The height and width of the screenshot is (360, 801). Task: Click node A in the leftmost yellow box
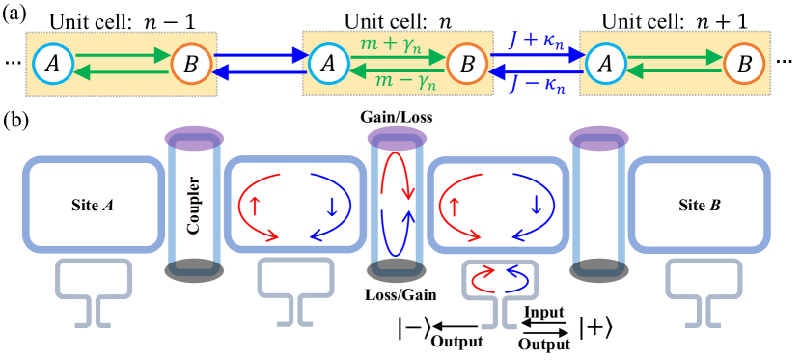(x=53, y=65)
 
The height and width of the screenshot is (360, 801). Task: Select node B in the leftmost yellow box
(x=191, y=65)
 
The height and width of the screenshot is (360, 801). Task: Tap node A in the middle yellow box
(x=329, y=65)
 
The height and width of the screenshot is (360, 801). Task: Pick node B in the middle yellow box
(x=467, y=65)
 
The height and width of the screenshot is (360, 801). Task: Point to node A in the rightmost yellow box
(x=605, y=65)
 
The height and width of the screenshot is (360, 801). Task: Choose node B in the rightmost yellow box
(x=744, y=65)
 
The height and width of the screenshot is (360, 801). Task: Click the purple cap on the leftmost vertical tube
(x=194, y=138)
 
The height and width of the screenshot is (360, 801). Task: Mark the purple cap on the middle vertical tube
(x=397, y=138)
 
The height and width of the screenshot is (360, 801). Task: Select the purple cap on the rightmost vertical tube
(x=599, y=138)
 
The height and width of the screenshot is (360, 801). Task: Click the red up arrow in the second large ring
(x=256, y=206)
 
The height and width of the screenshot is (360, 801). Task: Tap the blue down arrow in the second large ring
(x=331, y=206)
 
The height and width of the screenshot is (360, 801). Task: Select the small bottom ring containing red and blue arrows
(x=500, y=279)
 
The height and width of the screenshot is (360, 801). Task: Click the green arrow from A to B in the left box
(x=122, y=55)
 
